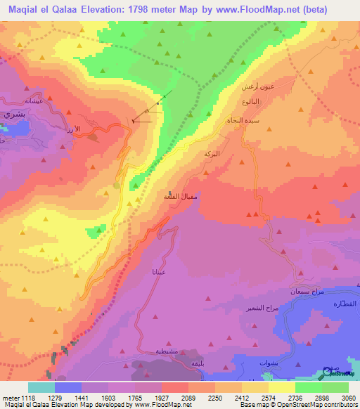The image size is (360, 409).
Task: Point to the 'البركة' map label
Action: tap(211, 153)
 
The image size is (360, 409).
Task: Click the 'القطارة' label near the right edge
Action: tap(347, 302)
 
